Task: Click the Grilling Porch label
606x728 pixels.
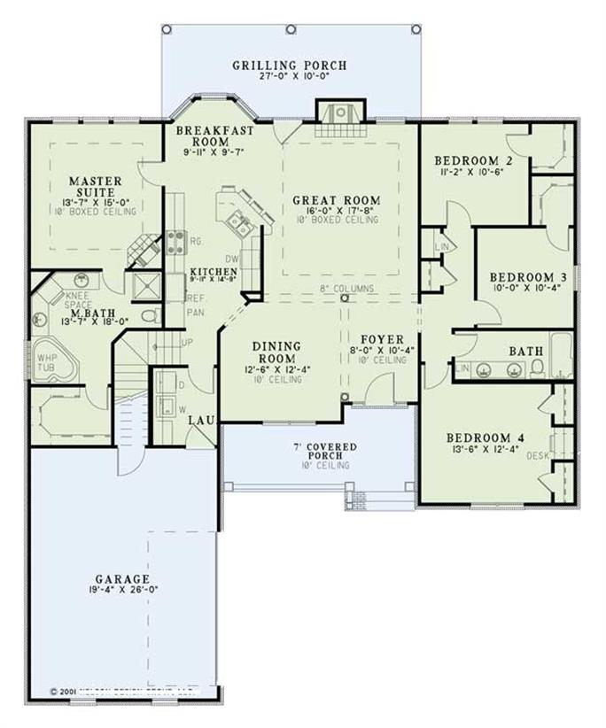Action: click(x=290, y=66)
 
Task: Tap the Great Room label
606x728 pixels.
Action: click(x=337, y=201)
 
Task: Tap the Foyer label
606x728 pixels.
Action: click(x=383, y=339)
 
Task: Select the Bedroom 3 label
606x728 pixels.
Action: click(x=522, y=275)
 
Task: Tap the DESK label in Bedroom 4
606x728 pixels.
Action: click(x=538, y=455)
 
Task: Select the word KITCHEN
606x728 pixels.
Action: click(x=213, y=271)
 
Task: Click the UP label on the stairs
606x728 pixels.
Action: click(x=187, y=342)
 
